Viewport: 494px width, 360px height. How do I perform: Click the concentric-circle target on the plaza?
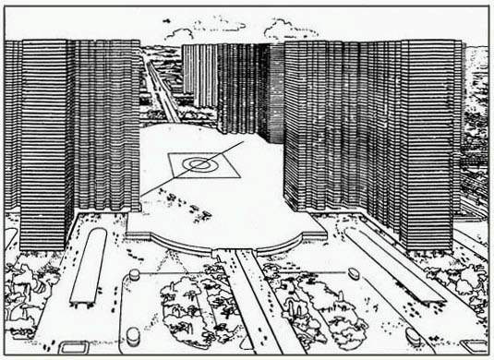pyautogui.click(x=198, y=164)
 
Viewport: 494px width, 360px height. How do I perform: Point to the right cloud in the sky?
pyautogui.click(x=290, y=30)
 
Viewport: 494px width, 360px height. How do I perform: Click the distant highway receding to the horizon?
pyautogui.click(x=163, y=92)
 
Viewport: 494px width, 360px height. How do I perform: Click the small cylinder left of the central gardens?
pyautogui.click(x=135, y=275)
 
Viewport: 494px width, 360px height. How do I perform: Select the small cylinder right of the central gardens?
pyautogui.click(x=354, y=274)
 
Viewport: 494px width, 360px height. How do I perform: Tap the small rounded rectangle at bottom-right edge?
pyautogui.click(x=474, y=346)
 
